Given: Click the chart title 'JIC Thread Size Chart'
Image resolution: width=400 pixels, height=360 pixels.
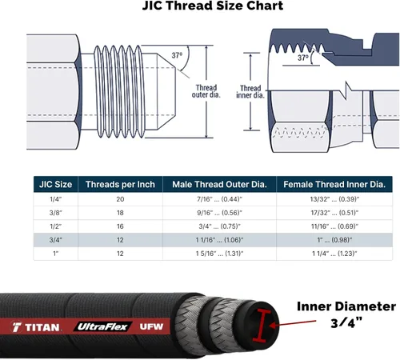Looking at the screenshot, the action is pyautogui.click(x=213, y=6).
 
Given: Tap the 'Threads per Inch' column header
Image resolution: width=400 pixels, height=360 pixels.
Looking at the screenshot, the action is pyautogui.click(x=120, y=184).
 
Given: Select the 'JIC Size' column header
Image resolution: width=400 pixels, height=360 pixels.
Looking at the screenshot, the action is pyautogui.click(x=55, y=184).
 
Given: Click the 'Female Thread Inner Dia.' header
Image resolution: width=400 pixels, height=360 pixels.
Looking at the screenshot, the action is pyautogui.click(x=334, y=184).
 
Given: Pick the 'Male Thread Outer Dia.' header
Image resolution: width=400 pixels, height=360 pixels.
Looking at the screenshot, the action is pyautogui.click(x=219, y=184).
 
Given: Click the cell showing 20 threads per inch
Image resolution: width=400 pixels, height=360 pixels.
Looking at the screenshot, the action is pyautogui.click(x=120, y=199).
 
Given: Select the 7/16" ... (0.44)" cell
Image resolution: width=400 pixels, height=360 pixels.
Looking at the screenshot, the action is pyautogui.click(x=219, y=199).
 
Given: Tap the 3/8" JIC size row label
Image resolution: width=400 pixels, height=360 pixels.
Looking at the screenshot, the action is pyautogui.click(x=55, y=213).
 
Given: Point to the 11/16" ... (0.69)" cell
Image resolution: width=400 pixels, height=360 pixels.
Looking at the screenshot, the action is pyautogui.click(x=334, y=226).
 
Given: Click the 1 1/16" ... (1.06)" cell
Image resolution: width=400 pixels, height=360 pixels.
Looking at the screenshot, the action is pyautogui.click(x=219, y=240).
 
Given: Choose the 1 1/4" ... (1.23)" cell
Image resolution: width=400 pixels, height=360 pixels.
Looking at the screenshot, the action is pyautogui.click(x=334, y=254).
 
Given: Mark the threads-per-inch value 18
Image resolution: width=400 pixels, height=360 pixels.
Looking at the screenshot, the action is pyautogui.click(x=120, y=213).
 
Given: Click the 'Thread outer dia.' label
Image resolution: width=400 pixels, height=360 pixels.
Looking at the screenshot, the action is pyautogui.click(x=206, y=91).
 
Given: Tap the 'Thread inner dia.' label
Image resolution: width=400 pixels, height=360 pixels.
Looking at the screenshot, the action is pyautogui.click(x=250, y=92).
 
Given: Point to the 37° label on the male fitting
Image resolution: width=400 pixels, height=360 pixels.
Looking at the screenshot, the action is pyautogui.click(x=177, y=55).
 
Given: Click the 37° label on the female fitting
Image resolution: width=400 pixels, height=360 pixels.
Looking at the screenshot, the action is pyautogui.click(x=303, y=58).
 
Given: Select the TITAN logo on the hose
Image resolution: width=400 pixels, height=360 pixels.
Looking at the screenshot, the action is pyautogui.click(x=36, y=327).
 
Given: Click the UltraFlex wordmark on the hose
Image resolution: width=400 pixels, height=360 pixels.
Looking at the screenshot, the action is pyautogui.click(x=102, y=326).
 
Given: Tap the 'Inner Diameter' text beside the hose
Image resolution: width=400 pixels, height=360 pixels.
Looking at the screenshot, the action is pyautogui.click(x=346, y=306).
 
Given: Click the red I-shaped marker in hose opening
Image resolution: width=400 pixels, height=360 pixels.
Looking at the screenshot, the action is pyautogui.click(x=261, y=326).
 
